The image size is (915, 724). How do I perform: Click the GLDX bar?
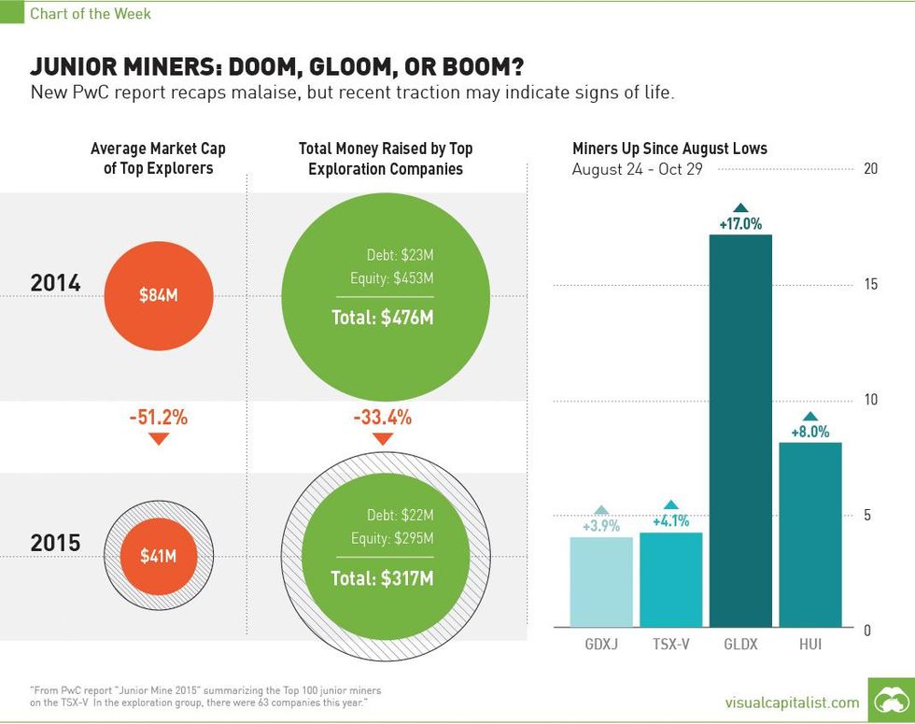point(740,430)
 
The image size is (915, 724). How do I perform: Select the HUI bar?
point(810,533)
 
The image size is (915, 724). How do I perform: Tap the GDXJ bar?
point(601,581)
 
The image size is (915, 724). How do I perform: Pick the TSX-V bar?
point(670,579)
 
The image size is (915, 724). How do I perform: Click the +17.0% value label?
point(740,224)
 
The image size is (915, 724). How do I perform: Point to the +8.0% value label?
point(810,433)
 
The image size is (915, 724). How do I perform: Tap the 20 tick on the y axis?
point(870,169)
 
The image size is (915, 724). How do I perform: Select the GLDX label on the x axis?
point(740,645)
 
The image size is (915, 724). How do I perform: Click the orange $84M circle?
point(158,295)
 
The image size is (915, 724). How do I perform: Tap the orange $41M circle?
point(158,556)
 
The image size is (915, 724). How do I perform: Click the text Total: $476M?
point(382,318)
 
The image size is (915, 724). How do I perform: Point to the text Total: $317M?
point(382,578)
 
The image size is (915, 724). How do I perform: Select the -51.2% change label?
point(158,418)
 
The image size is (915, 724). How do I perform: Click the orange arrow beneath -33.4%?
point(382,439)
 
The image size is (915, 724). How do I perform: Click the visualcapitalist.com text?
point(792,702)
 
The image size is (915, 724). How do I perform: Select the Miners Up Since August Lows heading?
point(669,149)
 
